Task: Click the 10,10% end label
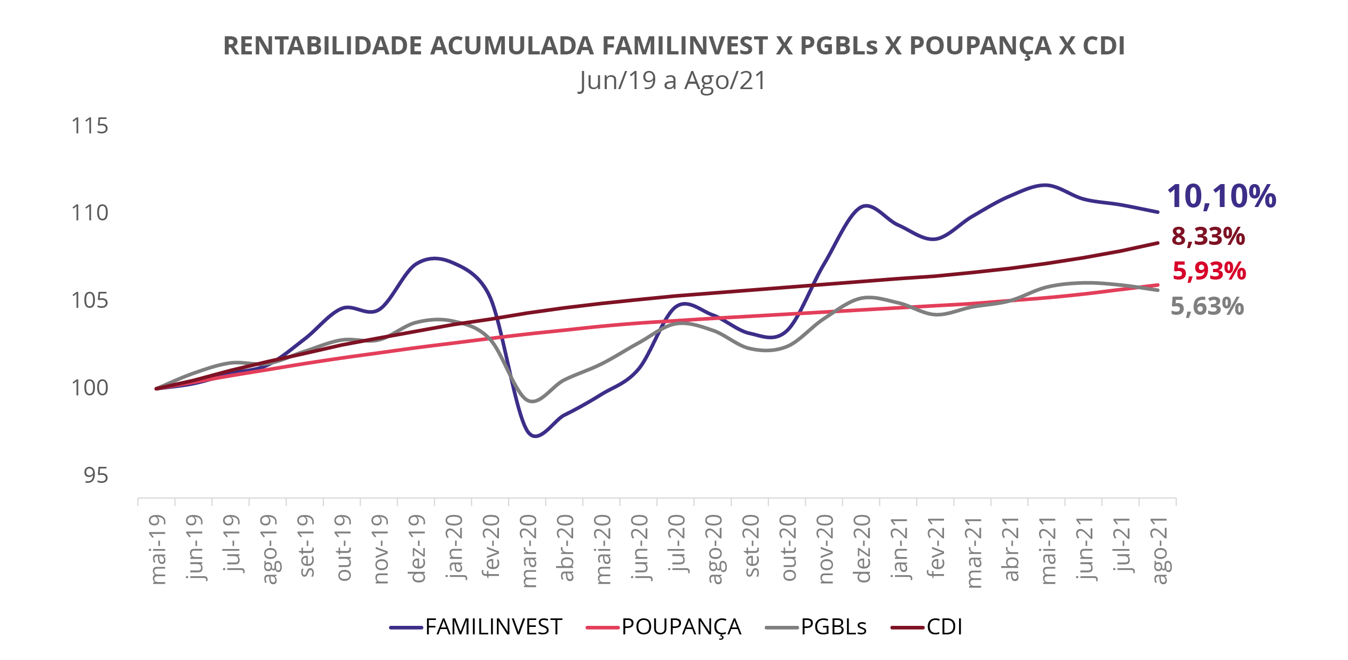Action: tap(1221, 196)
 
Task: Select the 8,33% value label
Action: tap(1208, 236)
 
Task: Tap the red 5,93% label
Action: tap(1209, 271)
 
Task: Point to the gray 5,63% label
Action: tap(1207, 306)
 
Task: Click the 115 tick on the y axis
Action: tap(89, 126)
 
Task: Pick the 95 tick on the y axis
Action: tap(96, 475)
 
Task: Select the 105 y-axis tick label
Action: tap(89, 301)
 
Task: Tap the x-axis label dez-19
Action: tap(417, 548)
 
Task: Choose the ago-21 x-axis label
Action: tap(1159, 550)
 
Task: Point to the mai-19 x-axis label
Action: tap(158, 550)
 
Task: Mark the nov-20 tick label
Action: tap(826, 550)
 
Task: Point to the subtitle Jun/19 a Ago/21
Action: tap(672, 81)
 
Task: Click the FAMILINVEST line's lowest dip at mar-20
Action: tap(535, 436)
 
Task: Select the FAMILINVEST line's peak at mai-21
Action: tap(1045, 185)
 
